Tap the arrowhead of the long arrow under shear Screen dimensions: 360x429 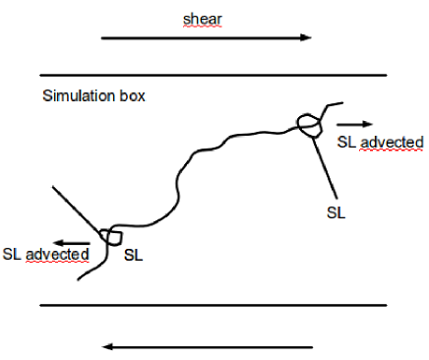(306, 38)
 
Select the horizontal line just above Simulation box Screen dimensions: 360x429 (213, 75)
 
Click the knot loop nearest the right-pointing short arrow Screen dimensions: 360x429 (309, 123)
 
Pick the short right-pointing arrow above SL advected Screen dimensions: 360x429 (354, 124)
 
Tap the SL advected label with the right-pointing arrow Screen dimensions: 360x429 (380, 143)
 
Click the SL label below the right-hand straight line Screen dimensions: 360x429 (336, 210)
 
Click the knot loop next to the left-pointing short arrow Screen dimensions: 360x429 (109, 236)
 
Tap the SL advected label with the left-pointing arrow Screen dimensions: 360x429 (45, 255)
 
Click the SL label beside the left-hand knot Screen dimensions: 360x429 (135, 254)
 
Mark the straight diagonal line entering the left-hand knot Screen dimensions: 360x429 (79, 208)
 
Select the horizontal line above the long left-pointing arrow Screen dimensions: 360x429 (213, 304)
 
